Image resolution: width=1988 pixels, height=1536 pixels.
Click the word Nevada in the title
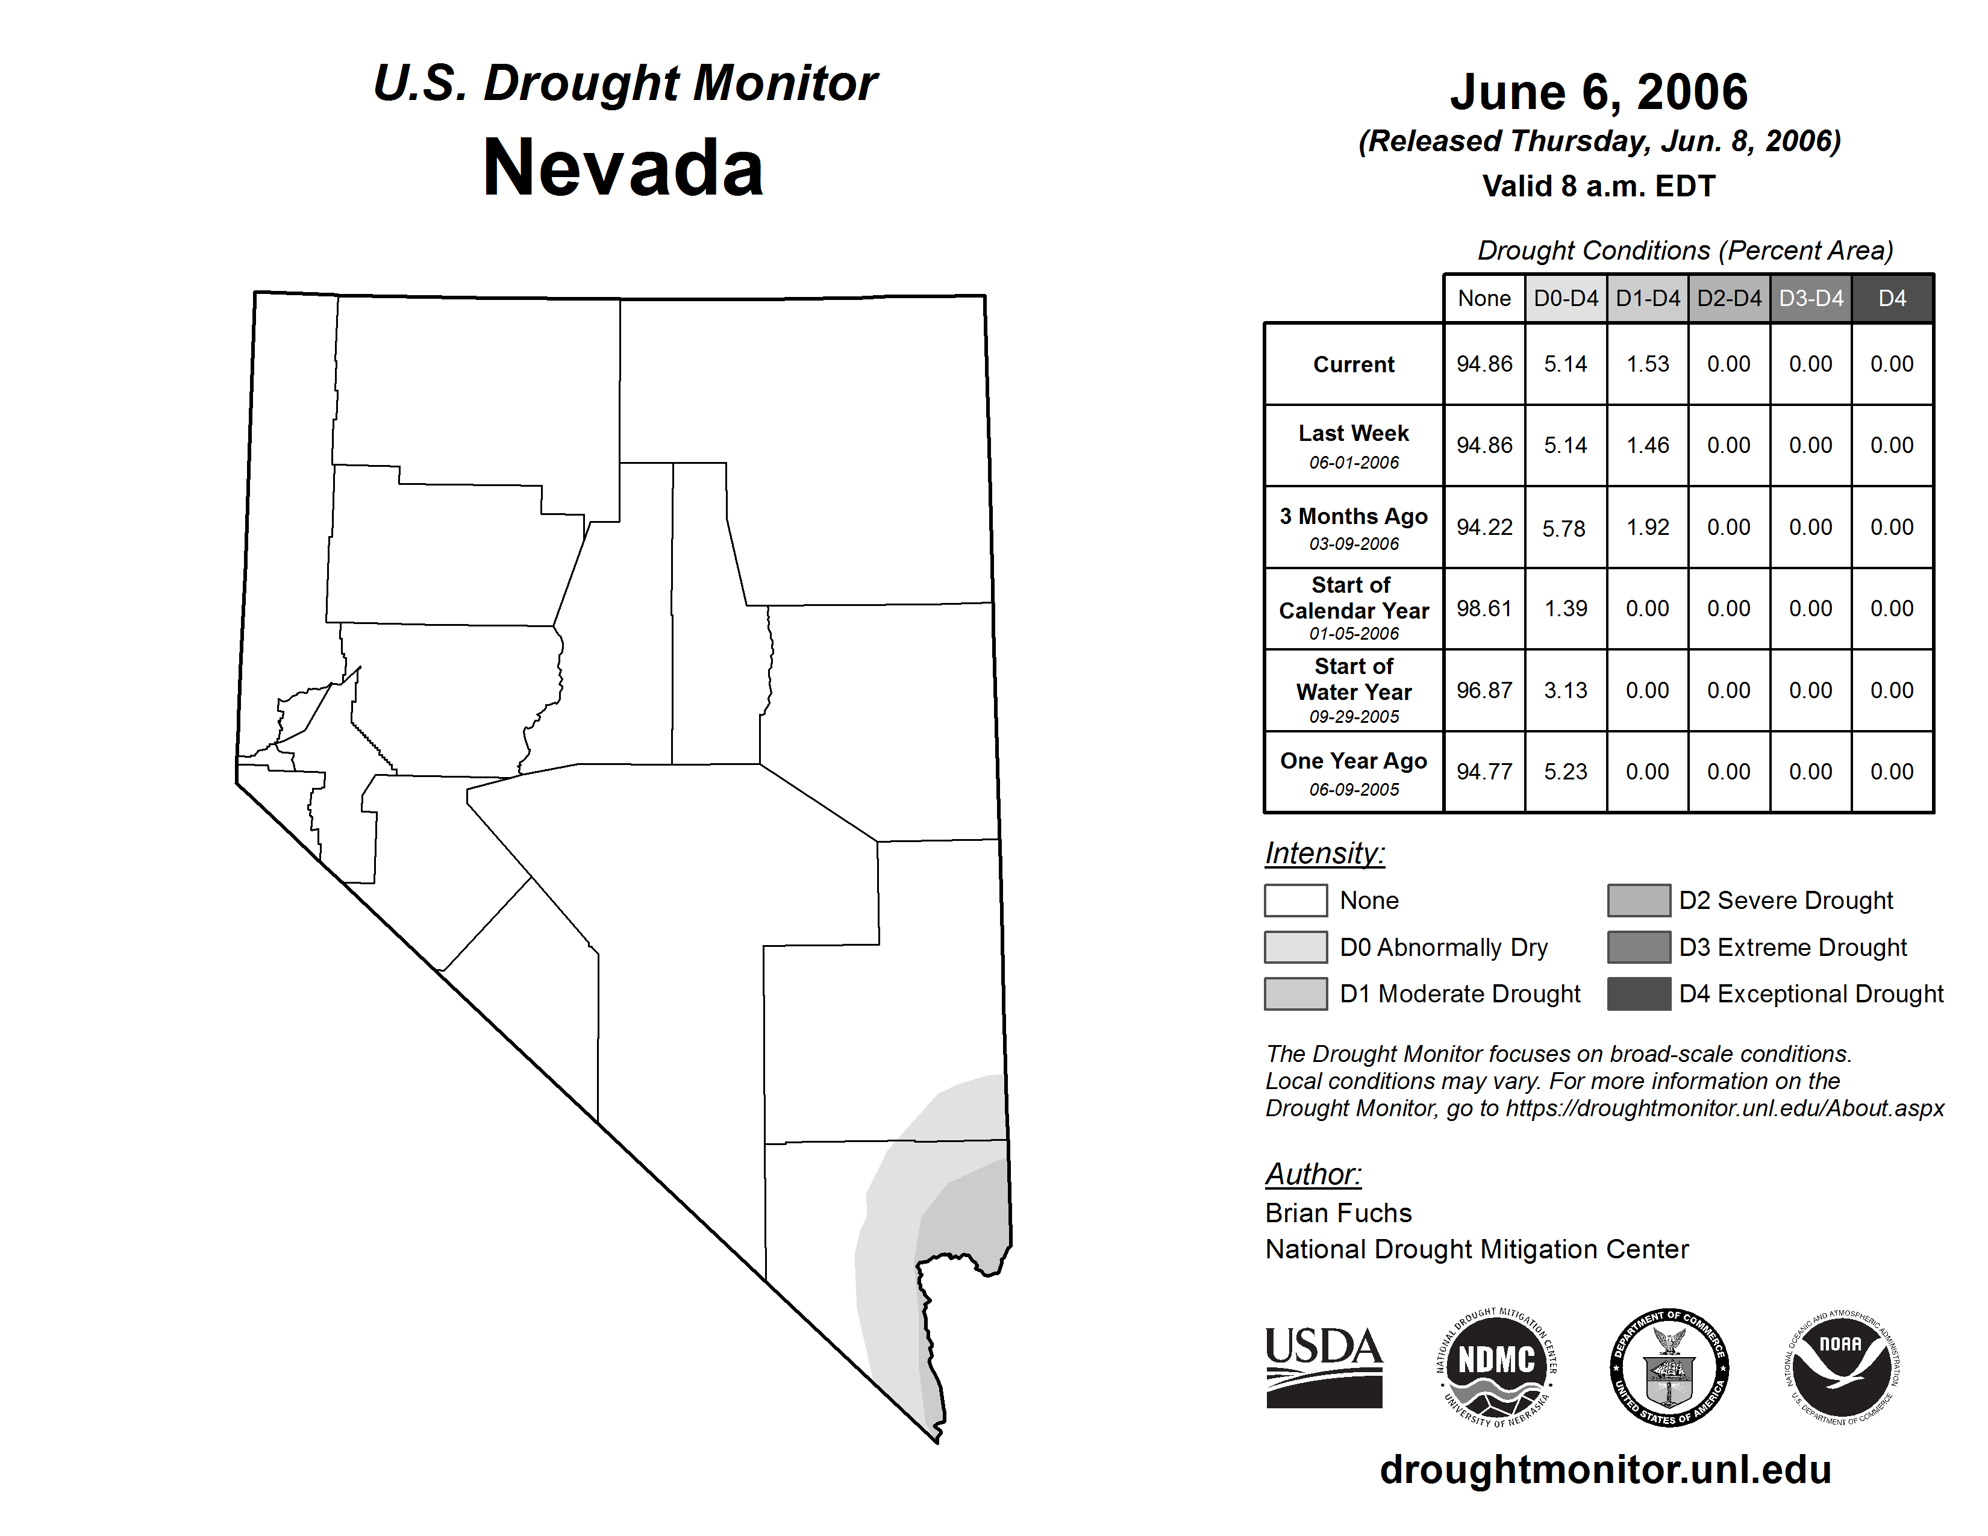(x=623, y=168)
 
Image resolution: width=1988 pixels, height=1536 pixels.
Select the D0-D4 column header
(x=1566, y=298)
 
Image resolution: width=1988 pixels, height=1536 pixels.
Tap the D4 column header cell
(x=1892, y=298)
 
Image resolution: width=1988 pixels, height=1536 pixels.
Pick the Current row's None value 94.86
(x=1484, y=364)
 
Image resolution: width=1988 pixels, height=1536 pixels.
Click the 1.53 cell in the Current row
(x=1648, y=364)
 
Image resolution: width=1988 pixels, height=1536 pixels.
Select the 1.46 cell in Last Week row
(x=1648, y=446)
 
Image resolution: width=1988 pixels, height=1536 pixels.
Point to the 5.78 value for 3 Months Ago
(x=1564, y=528)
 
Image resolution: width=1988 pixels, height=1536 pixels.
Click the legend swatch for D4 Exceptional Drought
(x=1639, y=994)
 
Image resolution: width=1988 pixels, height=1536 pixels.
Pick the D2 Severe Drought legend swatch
(x=1639, y=900)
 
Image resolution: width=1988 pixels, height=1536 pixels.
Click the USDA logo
(x=1324, y=1367)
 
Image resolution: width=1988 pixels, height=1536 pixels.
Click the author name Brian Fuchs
(x=1338, y=1213)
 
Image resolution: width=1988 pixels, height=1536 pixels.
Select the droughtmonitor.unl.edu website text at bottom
(x=1605, y=1470)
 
